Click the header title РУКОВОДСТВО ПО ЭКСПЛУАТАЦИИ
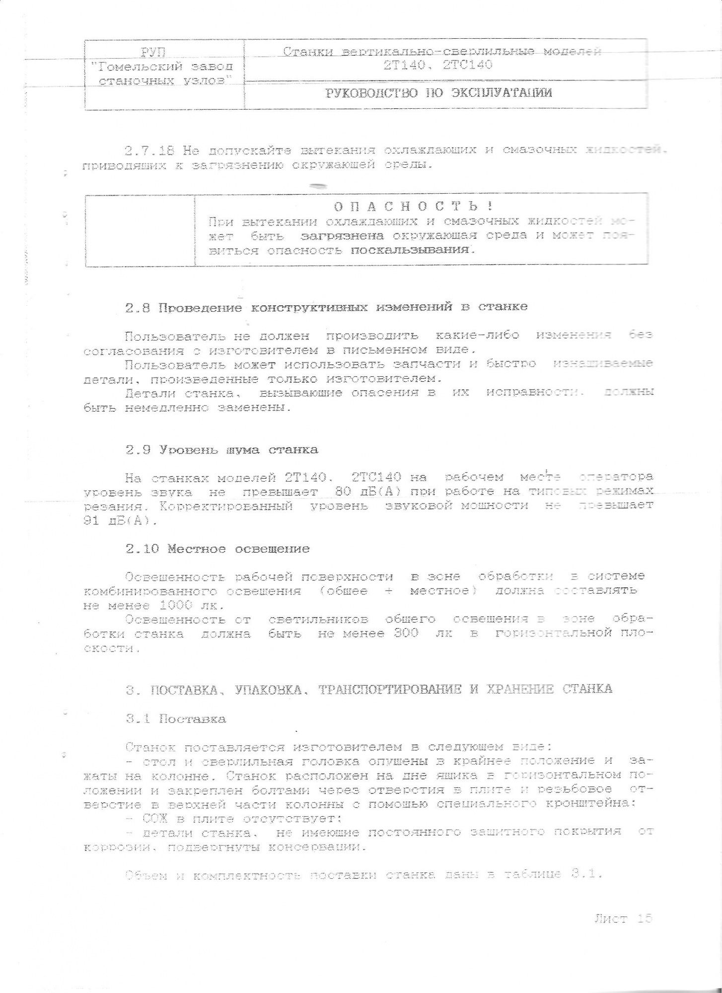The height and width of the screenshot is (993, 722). [x=438, y=93]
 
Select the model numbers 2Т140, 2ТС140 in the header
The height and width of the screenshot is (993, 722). [x=437, y=66]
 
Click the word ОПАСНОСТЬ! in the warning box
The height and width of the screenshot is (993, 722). [x=413, y=206]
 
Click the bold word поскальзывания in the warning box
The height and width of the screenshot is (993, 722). [x=410, y=250]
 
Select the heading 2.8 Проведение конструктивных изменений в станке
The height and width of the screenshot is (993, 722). [x=326, y=307]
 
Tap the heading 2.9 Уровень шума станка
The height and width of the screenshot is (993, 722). [x=221, y=450]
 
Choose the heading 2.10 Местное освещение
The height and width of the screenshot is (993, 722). [x=217, y=549]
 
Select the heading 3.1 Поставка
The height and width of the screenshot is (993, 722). [x=176, y=719]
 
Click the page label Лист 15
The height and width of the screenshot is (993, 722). [x=623, y=919]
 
